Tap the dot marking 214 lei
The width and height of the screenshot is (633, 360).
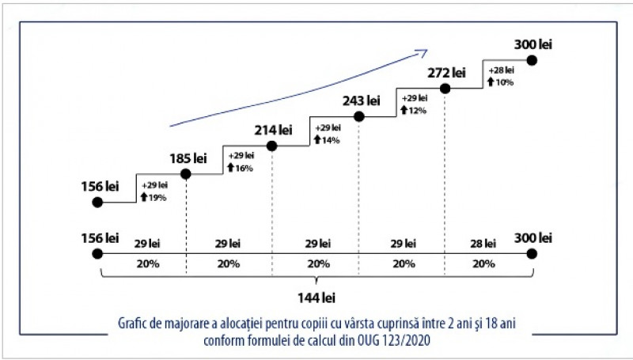pos(272,146)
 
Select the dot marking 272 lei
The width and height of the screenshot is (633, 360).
pos(445,89)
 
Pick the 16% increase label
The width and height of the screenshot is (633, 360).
pos(241,168)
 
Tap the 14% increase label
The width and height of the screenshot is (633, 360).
pos(327,140)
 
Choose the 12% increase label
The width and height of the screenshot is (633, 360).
pos(414,111)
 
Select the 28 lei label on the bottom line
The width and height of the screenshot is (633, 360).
pos(483,243)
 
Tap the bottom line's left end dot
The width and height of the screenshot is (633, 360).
pos(98,254)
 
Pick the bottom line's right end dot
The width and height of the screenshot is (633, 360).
pos(533,254)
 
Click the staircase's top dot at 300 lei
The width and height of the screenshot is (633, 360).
pos(533,60)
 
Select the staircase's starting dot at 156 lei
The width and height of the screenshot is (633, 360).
pos(98,203)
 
